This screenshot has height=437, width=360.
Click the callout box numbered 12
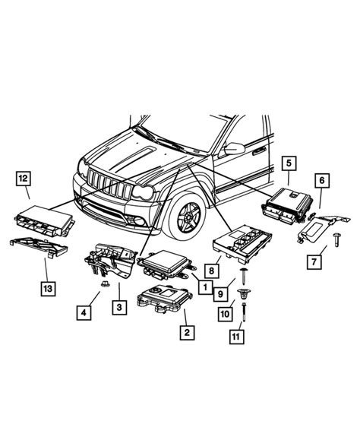point(24,180)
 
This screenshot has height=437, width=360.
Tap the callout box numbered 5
point(289,163)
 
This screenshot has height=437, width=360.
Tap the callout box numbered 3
point(119,307)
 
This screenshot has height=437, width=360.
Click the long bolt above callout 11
point(245,310)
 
